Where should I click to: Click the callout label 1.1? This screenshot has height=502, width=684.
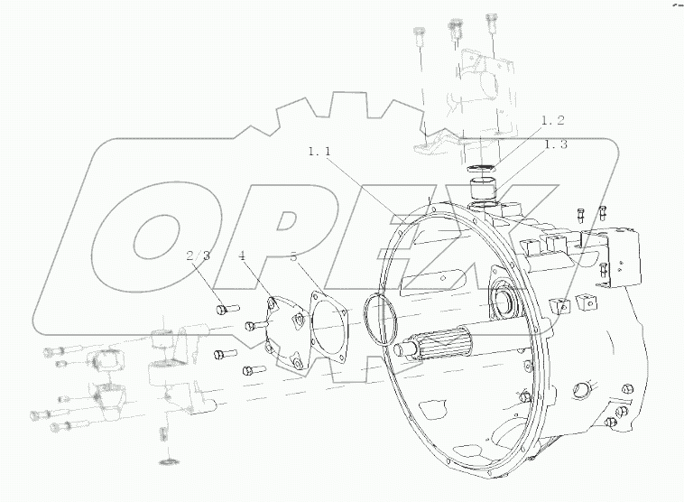point(320,153)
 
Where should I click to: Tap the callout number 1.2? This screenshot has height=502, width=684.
point(552,121)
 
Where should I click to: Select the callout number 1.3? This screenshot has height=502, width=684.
point(555,144)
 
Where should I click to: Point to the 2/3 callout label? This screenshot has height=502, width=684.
point(199,256)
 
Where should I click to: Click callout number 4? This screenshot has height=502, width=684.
point(242,256)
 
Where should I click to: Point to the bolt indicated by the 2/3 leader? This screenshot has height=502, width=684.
point(226,309)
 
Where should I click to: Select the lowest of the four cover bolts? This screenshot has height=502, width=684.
point(250,370)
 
